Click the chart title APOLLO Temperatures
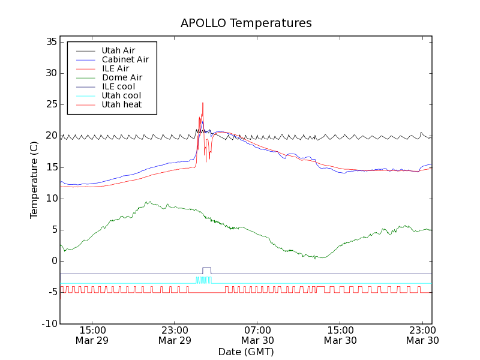coord(246,23)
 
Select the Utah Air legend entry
coord(118,50)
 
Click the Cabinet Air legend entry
coord(125,59)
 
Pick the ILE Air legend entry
coord(115,68)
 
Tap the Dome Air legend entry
coord(122,77)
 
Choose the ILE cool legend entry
coord(118,86)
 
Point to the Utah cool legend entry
coord(121,95)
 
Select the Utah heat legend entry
coord(121,104)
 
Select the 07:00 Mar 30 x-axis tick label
coord(257,335)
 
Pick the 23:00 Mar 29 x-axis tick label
coord(175,335)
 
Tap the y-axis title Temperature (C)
coord(34,180)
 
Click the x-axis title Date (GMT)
coord(246,352)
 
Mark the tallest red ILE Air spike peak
coord(203,103)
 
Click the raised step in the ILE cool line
coord(206,268)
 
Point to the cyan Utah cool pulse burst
coord(204,280)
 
